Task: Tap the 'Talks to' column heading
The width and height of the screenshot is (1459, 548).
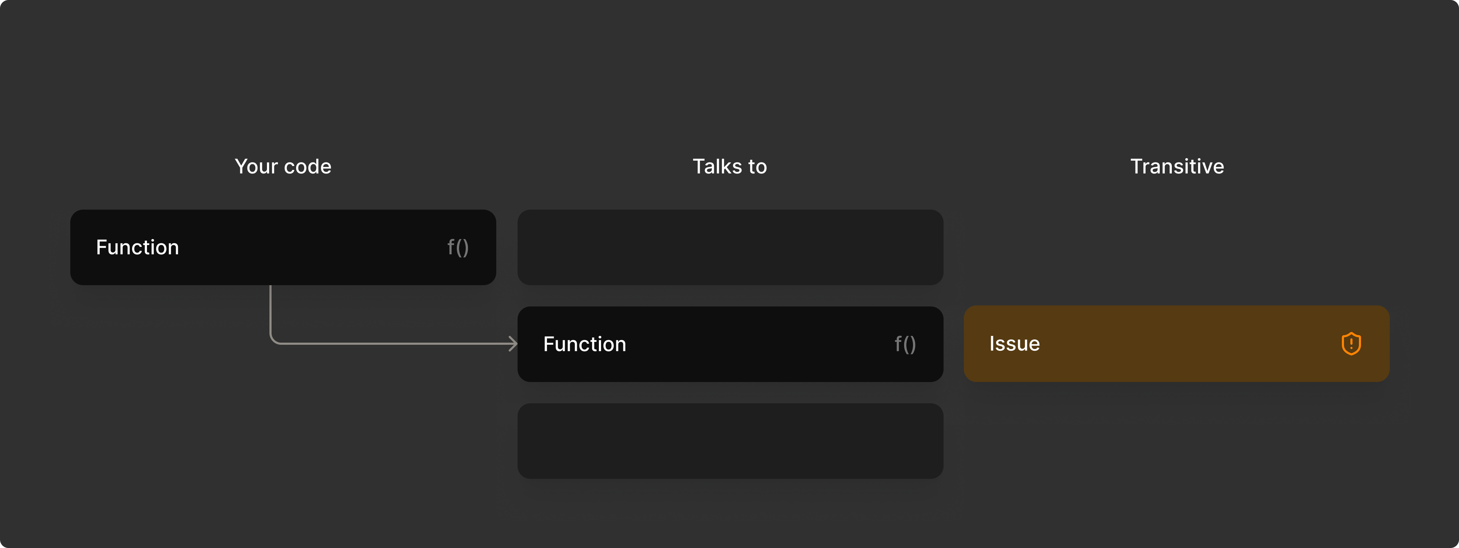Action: (x=729, y=166)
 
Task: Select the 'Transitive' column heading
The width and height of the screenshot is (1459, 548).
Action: (x=1177, y=166)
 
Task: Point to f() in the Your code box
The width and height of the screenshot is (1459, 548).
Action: (x=458, y=247)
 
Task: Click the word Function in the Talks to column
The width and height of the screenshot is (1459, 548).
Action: (x=585, y=344)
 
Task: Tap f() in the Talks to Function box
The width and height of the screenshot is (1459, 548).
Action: (x=905, y=344)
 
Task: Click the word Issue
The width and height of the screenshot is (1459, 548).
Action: (x=1015, y=344)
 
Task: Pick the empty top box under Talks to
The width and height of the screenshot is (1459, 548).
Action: (x=730, y=247)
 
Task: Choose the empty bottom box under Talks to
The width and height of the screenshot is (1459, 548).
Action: (x=730, y=441)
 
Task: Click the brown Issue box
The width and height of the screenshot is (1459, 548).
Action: (x=1176, y=344)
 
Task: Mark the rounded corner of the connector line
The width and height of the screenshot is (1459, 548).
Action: (x=273, y=340)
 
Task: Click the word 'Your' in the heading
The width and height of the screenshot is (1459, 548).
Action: (x=256, y=166)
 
